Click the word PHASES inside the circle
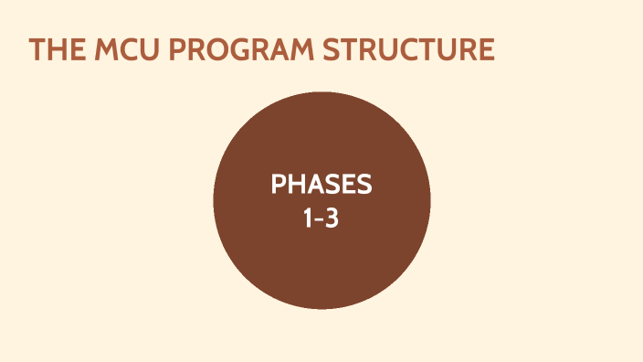coord(321,185)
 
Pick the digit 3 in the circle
coord(333,218)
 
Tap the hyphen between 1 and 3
coord(321,219)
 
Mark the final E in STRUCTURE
coord(486,50)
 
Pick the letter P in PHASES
coord(278,185)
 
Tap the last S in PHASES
coord(364,185)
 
